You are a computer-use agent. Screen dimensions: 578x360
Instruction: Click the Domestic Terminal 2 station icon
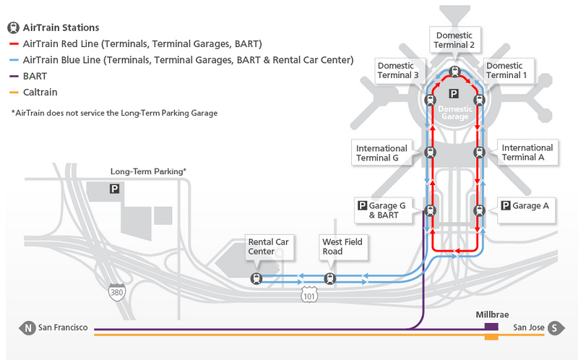[455, 72]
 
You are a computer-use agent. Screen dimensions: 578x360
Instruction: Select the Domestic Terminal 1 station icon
[479, 100]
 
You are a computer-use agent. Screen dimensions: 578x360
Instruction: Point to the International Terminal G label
[381, 153]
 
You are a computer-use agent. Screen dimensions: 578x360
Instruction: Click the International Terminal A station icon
[479, 152]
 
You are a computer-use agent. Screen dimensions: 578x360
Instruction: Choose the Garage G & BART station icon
[430, 210]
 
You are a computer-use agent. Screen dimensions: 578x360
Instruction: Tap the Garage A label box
[526, 210]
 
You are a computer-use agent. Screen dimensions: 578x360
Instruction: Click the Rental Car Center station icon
[256, 278]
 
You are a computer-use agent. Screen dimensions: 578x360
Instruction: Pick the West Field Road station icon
[330, 278]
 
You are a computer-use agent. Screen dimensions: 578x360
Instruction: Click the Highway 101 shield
[309, 295]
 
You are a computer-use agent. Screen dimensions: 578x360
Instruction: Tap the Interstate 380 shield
[117, 292]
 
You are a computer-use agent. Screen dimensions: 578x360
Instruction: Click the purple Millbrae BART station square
[491, 327]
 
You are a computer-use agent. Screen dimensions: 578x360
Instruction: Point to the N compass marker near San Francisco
[27, 327]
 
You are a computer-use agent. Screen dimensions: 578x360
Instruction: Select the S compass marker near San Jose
[556, 327]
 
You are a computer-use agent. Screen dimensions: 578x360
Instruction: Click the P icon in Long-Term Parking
[114, 189]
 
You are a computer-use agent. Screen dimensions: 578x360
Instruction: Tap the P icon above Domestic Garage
[454, 94]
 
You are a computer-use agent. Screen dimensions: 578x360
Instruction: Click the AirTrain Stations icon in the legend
[13, 27]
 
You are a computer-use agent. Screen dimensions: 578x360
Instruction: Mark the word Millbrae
[492, 314]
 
